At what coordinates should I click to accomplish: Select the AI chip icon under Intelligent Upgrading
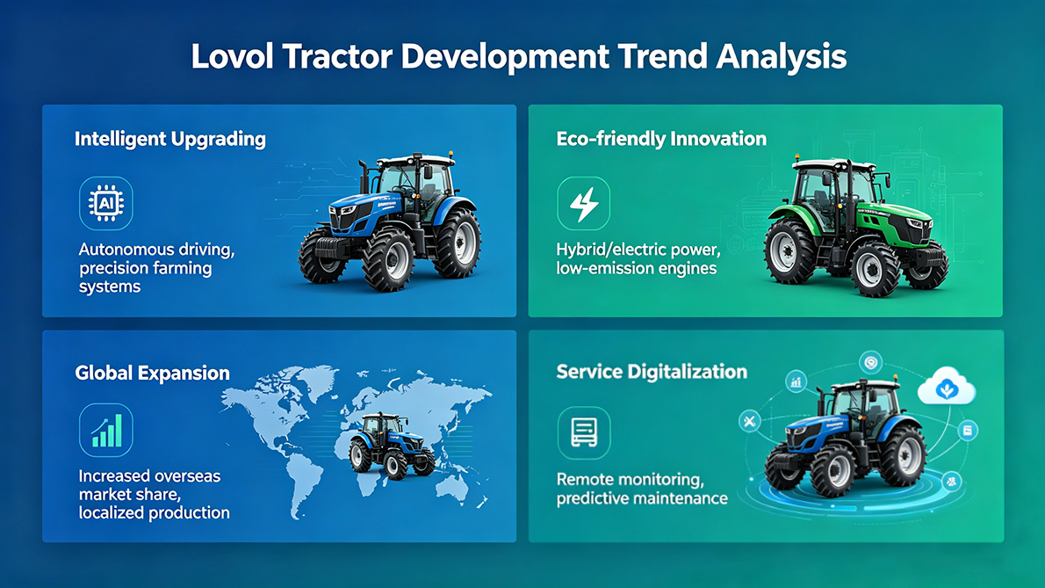coord(105,204)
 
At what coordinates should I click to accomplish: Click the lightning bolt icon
coord(584,204)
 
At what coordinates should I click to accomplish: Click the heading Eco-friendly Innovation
coord(661,139)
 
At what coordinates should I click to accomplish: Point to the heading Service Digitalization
coord(652,371)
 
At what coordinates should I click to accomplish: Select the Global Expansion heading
coord(152,373)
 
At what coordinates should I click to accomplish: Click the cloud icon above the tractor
coord(946,388)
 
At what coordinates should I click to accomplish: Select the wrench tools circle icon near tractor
coord(749,422)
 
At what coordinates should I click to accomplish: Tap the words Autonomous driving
coord(156,250)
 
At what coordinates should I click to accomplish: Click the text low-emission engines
coord(637,268)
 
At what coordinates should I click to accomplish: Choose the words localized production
coord(155,512)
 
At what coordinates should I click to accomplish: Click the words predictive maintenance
coord(642,498)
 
